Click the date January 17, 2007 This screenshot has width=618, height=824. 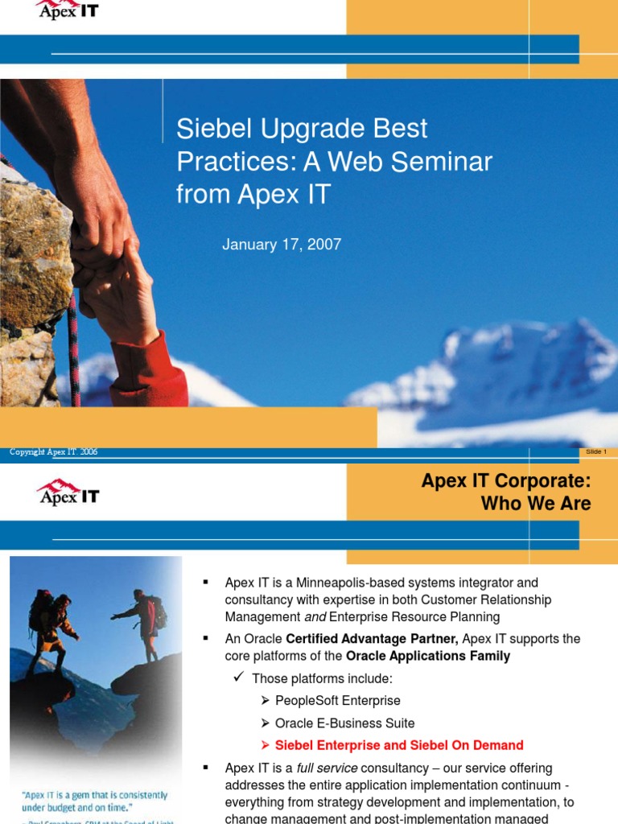coord(282,245)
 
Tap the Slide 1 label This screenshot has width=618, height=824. coord(596,452)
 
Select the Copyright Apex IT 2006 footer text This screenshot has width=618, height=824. coord(54,452)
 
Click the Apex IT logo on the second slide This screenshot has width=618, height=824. coord(68,492)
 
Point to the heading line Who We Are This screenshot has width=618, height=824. coord(535,504)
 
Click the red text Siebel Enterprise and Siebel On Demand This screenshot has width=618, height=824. coord(399,745)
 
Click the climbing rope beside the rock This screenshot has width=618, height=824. coord(74,346)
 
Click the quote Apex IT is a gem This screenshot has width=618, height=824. coord(94,801)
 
